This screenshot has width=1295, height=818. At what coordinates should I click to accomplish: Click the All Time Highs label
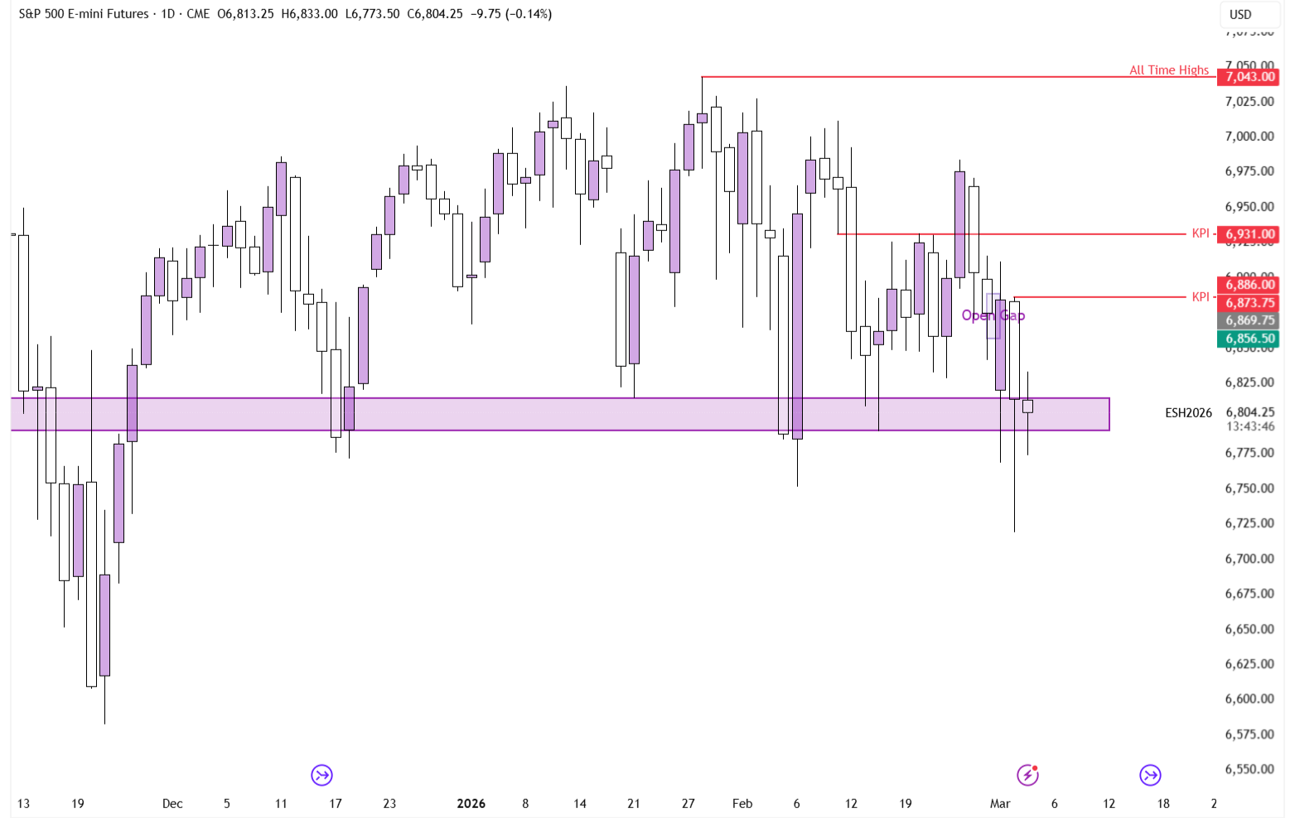tap(1168, 70)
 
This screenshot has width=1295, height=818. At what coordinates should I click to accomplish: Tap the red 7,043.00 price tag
tap(1249, 77)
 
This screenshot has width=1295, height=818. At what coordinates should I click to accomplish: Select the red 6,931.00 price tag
tap(1249, 234)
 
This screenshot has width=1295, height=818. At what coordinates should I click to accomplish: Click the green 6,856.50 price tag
tap(1249, 339)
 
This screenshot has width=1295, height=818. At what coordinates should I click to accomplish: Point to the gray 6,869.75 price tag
tap(1249, 320)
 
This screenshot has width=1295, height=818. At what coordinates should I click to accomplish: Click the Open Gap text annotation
tap(993, 315)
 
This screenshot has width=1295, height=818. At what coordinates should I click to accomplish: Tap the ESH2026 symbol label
tap(1188, 412)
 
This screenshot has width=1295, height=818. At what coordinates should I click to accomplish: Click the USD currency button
tap(1240, 14)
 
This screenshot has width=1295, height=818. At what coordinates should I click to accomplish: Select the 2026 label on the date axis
tap(471, 803)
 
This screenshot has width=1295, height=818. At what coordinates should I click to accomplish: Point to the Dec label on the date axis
tap(172, 803)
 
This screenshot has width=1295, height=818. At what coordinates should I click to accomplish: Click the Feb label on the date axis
tap(742, 803)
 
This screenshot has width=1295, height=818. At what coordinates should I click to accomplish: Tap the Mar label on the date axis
tap(1000, 803)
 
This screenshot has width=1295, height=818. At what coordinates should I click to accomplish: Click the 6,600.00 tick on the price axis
tap(1249, 699)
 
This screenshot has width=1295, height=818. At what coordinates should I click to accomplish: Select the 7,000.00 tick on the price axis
tap(1249, 137)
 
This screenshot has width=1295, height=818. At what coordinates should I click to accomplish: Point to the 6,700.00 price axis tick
tap(1249, 559)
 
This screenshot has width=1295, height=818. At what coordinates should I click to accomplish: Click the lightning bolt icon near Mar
tap(1027, 775)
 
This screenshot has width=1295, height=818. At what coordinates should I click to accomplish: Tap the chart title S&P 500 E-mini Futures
tap(84, 14)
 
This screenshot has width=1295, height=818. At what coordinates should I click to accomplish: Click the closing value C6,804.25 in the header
tap(434, 14)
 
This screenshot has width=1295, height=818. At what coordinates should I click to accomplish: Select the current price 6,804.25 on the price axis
tap(1249, 412)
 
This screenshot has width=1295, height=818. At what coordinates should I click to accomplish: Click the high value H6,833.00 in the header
tap(309, 14)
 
